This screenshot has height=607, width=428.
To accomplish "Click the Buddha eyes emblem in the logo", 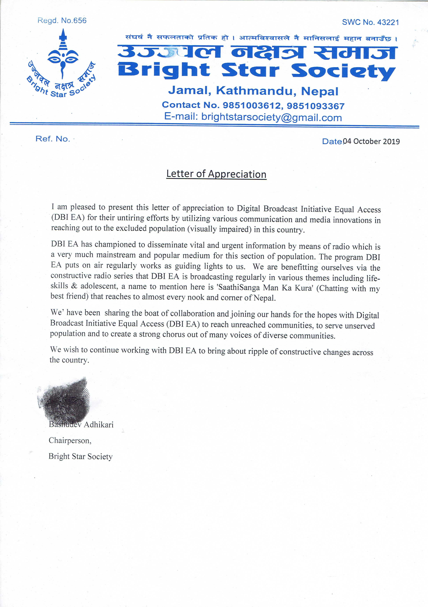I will (x=63, y=59).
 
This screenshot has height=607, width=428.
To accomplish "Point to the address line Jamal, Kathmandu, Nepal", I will (x=253, y=91).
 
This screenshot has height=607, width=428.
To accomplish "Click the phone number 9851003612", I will (x=251, y=105).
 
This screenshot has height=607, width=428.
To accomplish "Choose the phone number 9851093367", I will (x=315, y=106).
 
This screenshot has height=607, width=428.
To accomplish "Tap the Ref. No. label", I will (x=53, y=139).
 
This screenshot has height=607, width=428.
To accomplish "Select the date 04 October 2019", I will (x=371, y=141).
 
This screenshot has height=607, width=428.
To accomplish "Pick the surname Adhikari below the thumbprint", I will (x=99, y=425).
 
